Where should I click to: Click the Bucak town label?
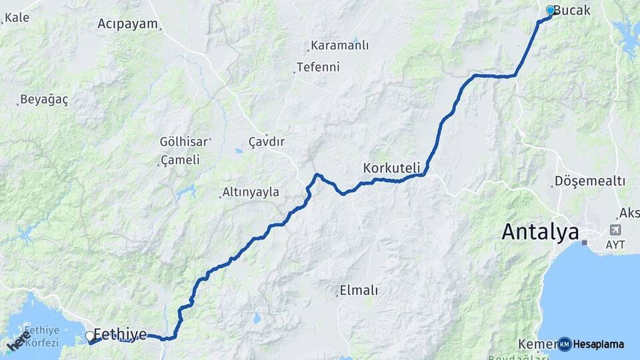pos(573,11)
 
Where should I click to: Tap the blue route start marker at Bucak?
pos(551,11)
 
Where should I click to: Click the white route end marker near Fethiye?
pos(89,335)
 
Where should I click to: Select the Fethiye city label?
pos(120,334)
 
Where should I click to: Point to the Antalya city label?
pos(541,232)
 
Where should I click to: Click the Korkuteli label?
pos(391,167)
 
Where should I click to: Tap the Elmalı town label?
pos(359,290)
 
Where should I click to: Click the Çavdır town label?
pos(267,142)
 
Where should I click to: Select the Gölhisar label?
pos(184,141)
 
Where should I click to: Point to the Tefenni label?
pos(318,67)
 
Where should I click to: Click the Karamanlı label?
pos(340,46)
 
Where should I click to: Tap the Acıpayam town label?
pos(128,24)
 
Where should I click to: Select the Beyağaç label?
pos(44,100)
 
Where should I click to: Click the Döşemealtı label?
pos(590,181)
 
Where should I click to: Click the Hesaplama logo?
pos(591,344)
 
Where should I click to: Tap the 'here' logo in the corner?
pos(19,341)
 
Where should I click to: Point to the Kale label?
pos(17,17)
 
